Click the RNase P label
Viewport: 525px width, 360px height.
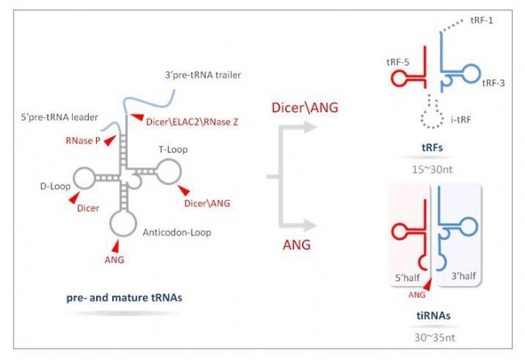click(x=83, y=140)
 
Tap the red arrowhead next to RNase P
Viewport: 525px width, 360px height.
click(x=110, y=140)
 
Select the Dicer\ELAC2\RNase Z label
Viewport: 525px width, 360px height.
click(x=192, y=122)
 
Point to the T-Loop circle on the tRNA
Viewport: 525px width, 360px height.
click(x=169, y=171)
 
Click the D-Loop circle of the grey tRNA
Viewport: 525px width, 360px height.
click(x=84, y=178)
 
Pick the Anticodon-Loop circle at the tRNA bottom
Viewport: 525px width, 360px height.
click(x=124, y=223)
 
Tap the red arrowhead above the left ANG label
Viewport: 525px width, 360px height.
click(x=115, y=246)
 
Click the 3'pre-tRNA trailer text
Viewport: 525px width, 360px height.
click(x=203, y=75)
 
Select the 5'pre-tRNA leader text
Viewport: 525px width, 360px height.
click(x=59, y=117)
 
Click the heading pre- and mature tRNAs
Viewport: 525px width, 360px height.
click(x=124, y=298)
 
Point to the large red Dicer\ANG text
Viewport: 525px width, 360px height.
click(x=304, y=107)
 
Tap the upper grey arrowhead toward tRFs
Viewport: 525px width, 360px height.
click(x=310, y=128)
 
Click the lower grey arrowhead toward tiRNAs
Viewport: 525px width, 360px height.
click(x=310, y=225)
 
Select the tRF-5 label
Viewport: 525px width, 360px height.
click(x=397, y=62)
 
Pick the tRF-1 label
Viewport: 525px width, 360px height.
click(x=481, y=20)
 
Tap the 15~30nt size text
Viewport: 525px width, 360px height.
click(x=432, y=170)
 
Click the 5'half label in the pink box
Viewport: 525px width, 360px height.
click(x=407, y=278)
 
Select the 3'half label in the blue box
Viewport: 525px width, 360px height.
click(x=464, y=276)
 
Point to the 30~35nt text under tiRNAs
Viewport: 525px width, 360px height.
click(x=435, y=337)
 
